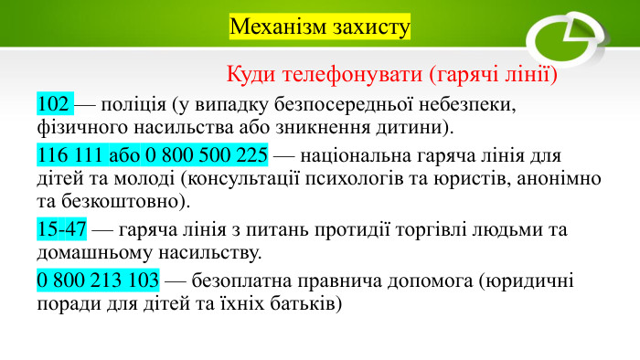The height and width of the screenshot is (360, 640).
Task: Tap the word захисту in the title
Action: tap(366, 26)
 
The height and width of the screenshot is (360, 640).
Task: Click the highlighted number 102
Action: tap(53, 102)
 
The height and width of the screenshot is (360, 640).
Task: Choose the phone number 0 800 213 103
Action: tap(97, 281)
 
